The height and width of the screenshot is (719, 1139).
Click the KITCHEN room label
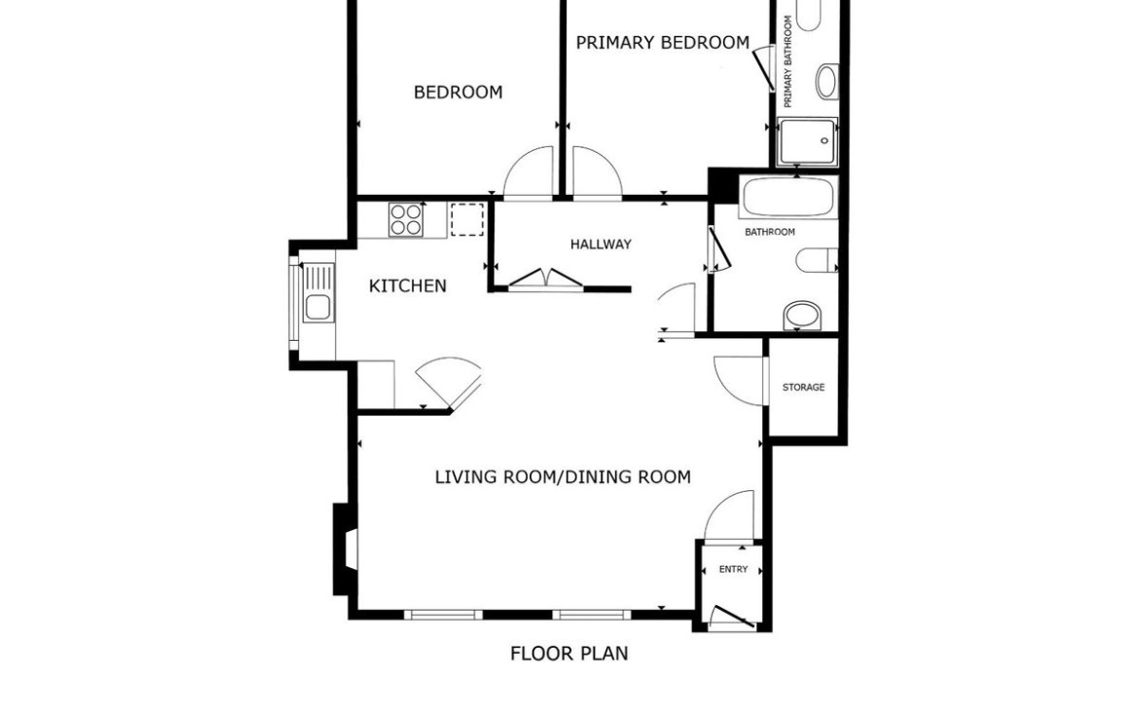[x=408, y=285]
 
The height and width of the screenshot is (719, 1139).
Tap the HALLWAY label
[x=601, y=245]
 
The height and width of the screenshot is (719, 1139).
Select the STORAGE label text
[x=803, y=388]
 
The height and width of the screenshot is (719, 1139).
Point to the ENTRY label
[x=733, y=569]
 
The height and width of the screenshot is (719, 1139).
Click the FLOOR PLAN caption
[x=569, y=654]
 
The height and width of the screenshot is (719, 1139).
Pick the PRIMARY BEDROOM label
[x=663, y=43]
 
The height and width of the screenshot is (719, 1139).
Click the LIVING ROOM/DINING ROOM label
[x=563, y=477]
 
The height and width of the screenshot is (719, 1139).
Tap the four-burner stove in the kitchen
[x=406, y=219]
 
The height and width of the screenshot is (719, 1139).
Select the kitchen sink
[x=317, y=293]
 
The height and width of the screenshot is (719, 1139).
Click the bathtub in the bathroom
[x=789, y=196]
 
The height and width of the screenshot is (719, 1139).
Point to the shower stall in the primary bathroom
[x=807, y=142]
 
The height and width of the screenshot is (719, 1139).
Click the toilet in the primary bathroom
[x=827, y=81]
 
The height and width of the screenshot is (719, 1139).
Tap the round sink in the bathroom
[x=802, y=317]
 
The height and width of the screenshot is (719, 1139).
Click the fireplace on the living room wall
[x=345, y=549]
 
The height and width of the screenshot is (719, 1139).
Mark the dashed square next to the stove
[x=466, y=219]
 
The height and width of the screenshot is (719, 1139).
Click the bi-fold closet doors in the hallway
[x=545, y=280]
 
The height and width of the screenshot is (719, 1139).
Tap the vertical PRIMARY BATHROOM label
[x=789, y=61]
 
